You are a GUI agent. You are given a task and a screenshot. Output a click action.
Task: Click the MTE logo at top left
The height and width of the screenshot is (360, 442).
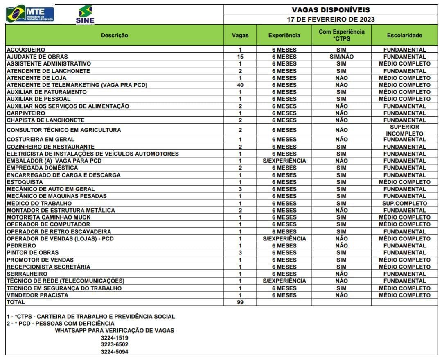(x=30, y=14)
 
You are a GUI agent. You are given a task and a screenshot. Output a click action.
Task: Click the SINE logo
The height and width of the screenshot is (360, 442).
(x=85, y=14)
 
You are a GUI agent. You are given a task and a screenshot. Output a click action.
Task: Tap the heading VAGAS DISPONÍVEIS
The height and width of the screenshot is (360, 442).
(x=331, y=9)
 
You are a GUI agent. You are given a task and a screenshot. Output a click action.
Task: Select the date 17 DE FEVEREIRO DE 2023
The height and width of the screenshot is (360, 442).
(x=331, y=19)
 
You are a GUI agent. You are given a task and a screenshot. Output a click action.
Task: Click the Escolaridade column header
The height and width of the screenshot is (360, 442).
(x=404, y=35)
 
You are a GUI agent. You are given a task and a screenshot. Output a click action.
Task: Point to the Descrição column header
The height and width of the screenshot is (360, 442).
(x=115, y=35)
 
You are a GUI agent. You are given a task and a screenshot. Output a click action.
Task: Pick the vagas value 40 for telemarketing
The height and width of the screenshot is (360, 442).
(x=240, y=85)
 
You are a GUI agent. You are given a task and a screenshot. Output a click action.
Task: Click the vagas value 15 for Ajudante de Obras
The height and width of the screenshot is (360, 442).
(x=240, y=57)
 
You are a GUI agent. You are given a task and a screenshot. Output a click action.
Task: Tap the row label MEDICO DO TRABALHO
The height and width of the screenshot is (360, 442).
(x=39, y=203)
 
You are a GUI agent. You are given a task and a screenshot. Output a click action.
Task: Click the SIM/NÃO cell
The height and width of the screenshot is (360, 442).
(x=341, y=57)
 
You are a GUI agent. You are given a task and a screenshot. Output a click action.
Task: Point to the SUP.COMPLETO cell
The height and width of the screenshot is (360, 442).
(x=404, y=203)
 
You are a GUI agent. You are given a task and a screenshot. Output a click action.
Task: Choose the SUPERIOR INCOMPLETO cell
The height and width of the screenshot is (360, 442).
(x=404, y=130)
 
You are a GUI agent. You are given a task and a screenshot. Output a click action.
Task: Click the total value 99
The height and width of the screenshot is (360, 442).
(x=240, y=302)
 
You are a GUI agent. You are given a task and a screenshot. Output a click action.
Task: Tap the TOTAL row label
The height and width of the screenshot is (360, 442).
(x=16, y=302)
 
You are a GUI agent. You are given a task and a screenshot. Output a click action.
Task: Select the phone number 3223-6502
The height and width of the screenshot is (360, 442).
(x=115, y=345)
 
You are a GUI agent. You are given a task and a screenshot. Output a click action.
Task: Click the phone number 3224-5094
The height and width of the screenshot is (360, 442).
(x=115, y=352)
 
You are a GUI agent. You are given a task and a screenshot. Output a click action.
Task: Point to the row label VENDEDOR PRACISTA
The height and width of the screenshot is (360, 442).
(x=37, y=295)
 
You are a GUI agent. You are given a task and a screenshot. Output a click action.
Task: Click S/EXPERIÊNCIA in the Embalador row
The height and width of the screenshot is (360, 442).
(x=284, y=161)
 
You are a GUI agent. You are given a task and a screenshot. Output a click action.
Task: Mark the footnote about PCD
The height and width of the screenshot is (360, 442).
(x=61, y=324)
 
